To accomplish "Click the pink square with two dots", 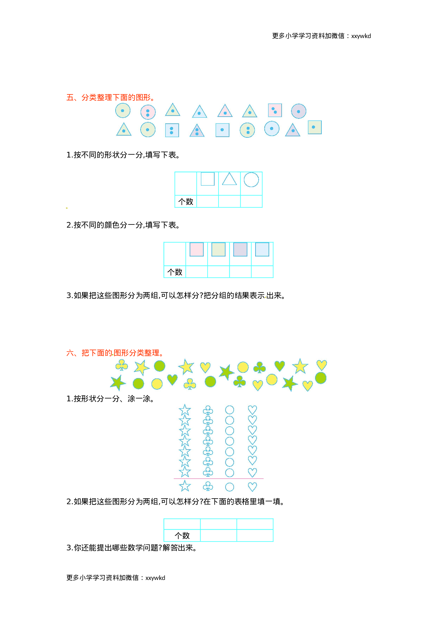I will pyautogui.click(x=275, y=110).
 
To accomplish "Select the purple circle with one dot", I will pyautogui.click(x=298, y=111).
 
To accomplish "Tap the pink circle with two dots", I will pyautogui.click(x=148, y=112).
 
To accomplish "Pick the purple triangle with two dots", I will pyautogui.click(x=197, y=131).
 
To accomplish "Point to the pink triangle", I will pyautogui.click(x=225, y=111).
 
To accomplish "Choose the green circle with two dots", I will pyautogui.click(x=247, y=130).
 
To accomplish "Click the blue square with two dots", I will pyautogui.click(x=172, y=130).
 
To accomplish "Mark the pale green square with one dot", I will pyautogui.click(x=314, y=127).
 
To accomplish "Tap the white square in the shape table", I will pyautogui.click(x=208, y=179).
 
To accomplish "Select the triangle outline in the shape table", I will pyautogui.click(x=229, y=179).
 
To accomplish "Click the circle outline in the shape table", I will pyautogui.click(x=251, y=180).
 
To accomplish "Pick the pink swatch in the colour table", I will pyautogui.click(x=197, y=249).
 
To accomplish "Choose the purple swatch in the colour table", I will pyautogui.click(x=240, y=249).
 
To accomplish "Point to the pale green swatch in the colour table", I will pyautogui.click(x=218, y=249).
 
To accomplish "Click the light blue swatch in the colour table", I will pyautogui.click(x=262, y=249).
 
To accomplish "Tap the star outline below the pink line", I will pyautogui.click(x=185, y=486).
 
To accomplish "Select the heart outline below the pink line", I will pyautogui.click(x=252, y=487).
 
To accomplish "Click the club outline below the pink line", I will pyautogui.click(x=208, y=487).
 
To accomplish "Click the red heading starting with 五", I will pyautogui.click(x=111, y=98).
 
